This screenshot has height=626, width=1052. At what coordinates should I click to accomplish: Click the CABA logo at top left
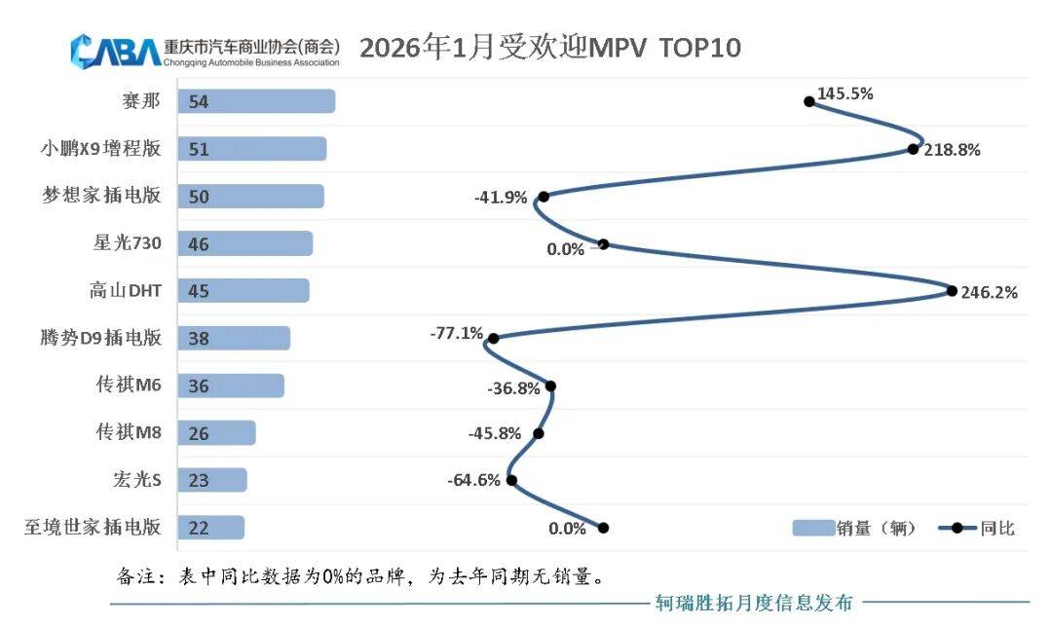115,50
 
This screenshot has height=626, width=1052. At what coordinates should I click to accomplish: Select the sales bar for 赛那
255,101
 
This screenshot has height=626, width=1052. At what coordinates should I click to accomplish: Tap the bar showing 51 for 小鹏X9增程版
251,149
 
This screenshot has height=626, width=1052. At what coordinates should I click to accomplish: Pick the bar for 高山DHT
243,291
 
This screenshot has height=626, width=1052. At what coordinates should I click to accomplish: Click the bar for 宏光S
211,480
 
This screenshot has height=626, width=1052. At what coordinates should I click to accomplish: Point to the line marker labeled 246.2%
952,290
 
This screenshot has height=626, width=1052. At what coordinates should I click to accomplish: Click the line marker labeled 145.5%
808,100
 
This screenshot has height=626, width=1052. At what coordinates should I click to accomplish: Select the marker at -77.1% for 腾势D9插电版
493,338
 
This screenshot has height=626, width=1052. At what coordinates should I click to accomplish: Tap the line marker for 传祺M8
539,433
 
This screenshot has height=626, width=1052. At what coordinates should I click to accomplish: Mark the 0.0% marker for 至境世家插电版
603,528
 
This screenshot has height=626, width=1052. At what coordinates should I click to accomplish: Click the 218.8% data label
952,151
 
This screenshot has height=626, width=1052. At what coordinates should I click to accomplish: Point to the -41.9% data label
501,198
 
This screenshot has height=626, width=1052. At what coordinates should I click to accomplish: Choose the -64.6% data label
473,480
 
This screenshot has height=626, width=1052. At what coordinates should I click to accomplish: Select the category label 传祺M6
129,386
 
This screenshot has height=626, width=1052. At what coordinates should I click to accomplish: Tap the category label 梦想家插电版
101,196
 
